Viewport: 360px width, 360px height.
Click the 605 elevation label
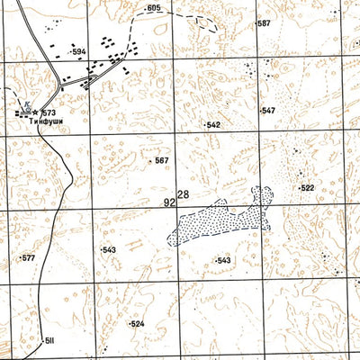153,7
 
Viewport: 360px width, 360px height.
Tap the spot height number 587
264,22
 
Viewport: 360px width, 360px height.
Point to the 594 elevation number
79,52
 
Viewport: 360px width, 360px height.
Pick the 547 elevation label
268,111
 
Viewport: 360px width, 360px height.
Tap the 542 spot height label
213,125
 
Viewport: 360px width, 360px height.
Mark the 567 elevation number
161,160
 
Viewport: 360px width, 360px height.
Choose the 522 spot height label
308,188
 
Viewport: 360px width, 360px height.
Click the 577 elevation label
28,258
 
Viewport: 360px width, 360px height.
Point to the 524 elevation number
137,323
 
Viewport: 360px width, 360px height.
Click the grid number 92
169,203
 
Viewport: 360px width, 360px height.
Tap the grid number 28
184,195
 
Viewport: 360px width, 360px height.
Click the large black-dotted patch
220,219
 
